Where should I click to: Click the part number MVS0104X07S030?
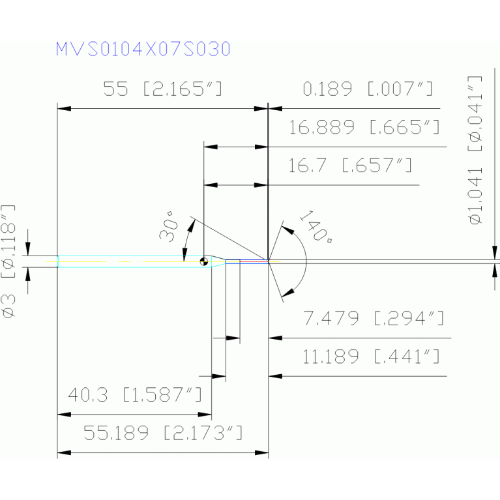(x=143, y=50)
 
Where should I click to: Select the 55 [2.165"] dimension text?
(x=163, y=89)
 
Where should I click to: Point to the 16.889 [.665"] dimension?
(x=364, y=127)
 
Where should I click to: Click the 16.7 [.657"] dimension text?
(x=350, y=166)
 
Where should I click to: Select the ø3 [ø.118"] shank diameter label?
(x=9, y=261)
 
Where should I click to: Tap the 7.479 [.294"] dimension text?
(x=374, y=319)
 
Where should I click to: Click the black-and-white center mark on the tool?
(x=205, y=261)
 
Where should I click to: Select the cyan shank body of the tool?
(x=130, y=261)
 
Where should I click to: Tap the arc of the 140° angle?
(x=306, y=261)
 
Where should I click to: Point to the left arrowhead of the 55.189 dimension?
(x=63, y=452)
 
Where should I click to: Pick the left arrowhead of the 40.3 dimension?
(x=63, y=413)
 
